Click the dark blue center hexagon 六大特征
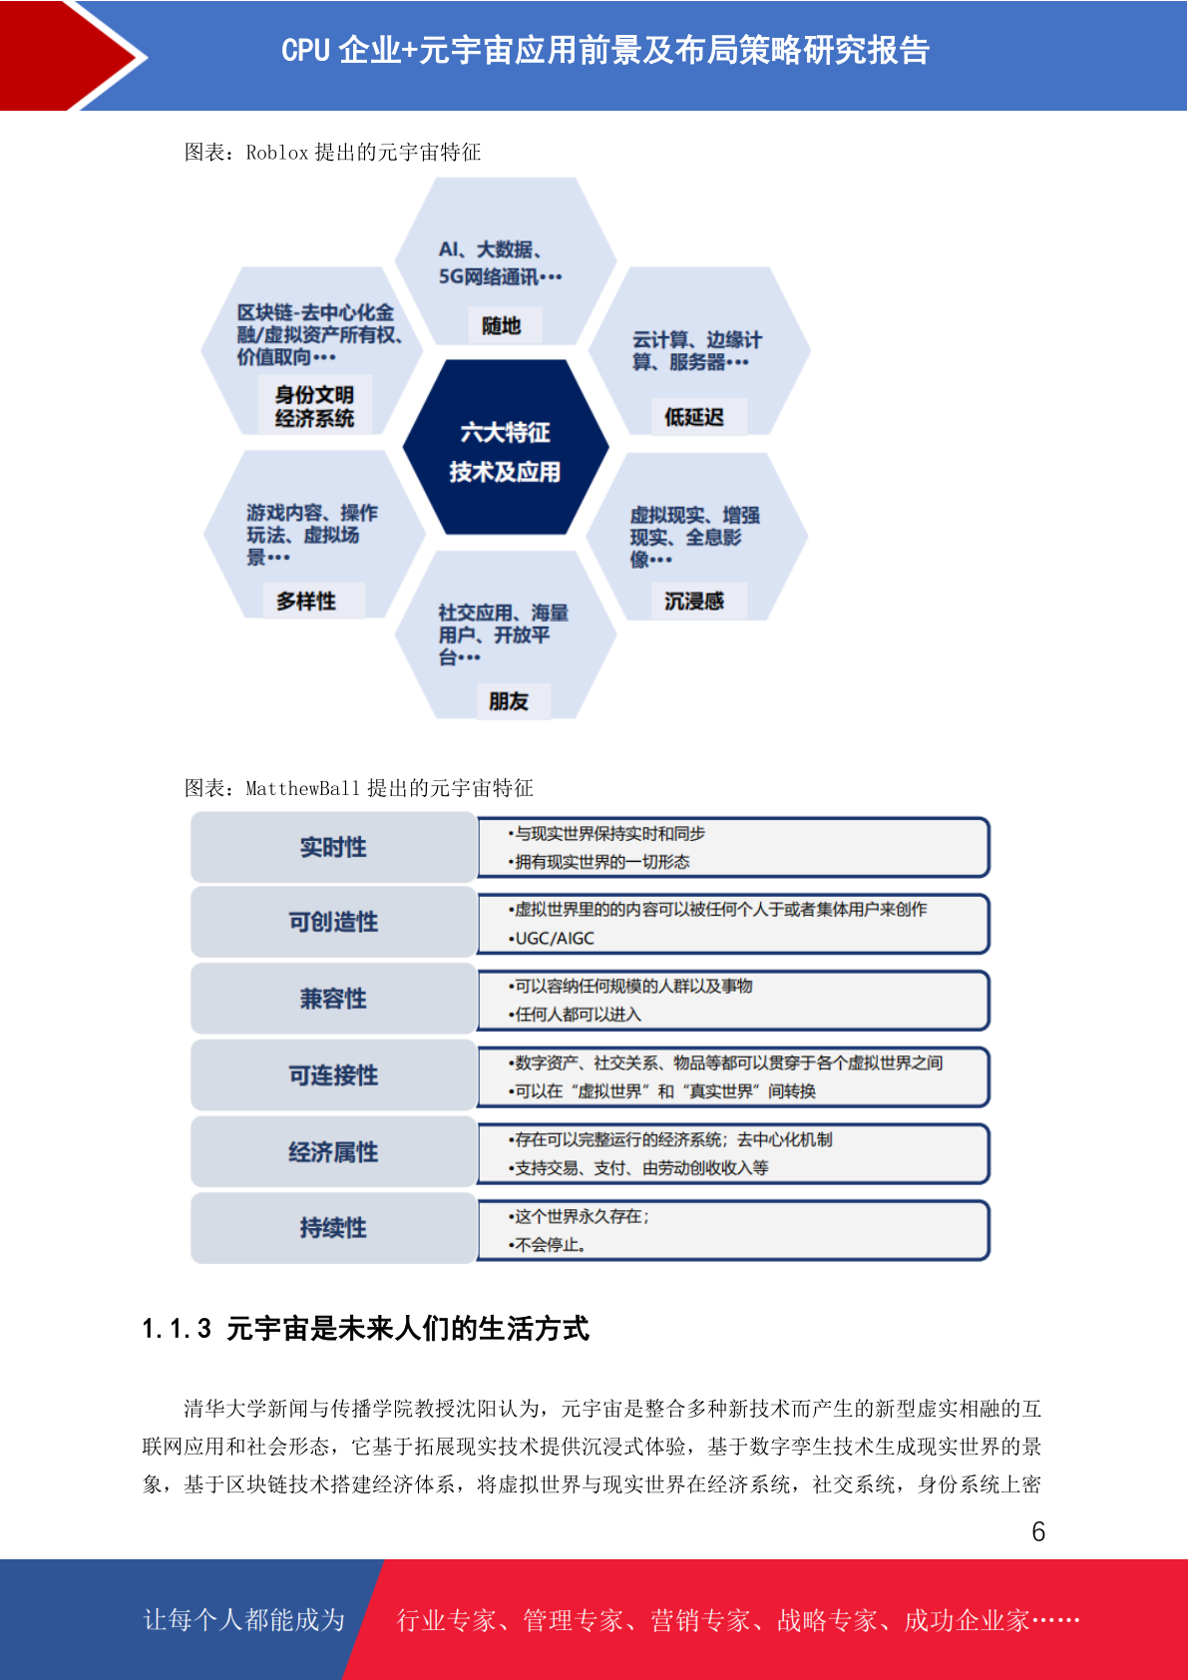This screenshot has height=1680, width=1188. (506, 447)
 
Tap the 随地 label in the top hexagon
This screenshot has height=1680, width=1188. (502, 325)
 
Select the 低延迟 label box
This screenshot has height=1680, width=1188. (694, 417)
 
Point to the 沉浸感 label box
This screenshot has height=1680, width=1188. (694, 601)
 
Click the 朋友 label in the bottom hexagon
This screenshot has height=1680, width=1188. (510, 701)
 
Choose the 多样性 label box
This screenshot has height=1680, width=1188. (306, 601)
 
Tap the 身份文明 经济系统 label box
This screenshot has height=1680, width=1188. (314, 406)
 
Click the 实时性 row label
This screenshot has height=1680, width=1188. (334, 847)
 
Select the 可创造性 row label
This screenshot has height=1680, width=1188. (334, 922)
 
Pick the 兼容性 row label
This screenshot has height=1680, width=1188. (334, 999)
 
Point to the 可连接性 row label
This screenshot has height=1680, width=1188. (334, 1074)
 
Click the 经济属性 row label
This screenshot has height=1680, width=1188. (334, 1151)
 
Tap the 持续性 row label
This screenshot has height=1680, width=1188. (334, 1228)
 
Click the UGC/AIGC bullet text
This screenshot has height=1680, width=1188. (552, 938)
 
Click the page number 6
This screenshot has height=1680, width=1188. (1038, 1531)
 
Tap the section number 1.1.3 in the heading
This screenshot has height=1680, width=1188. (177, 1328)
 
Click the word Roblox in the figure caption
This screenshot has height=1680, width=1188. (276, 153)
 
